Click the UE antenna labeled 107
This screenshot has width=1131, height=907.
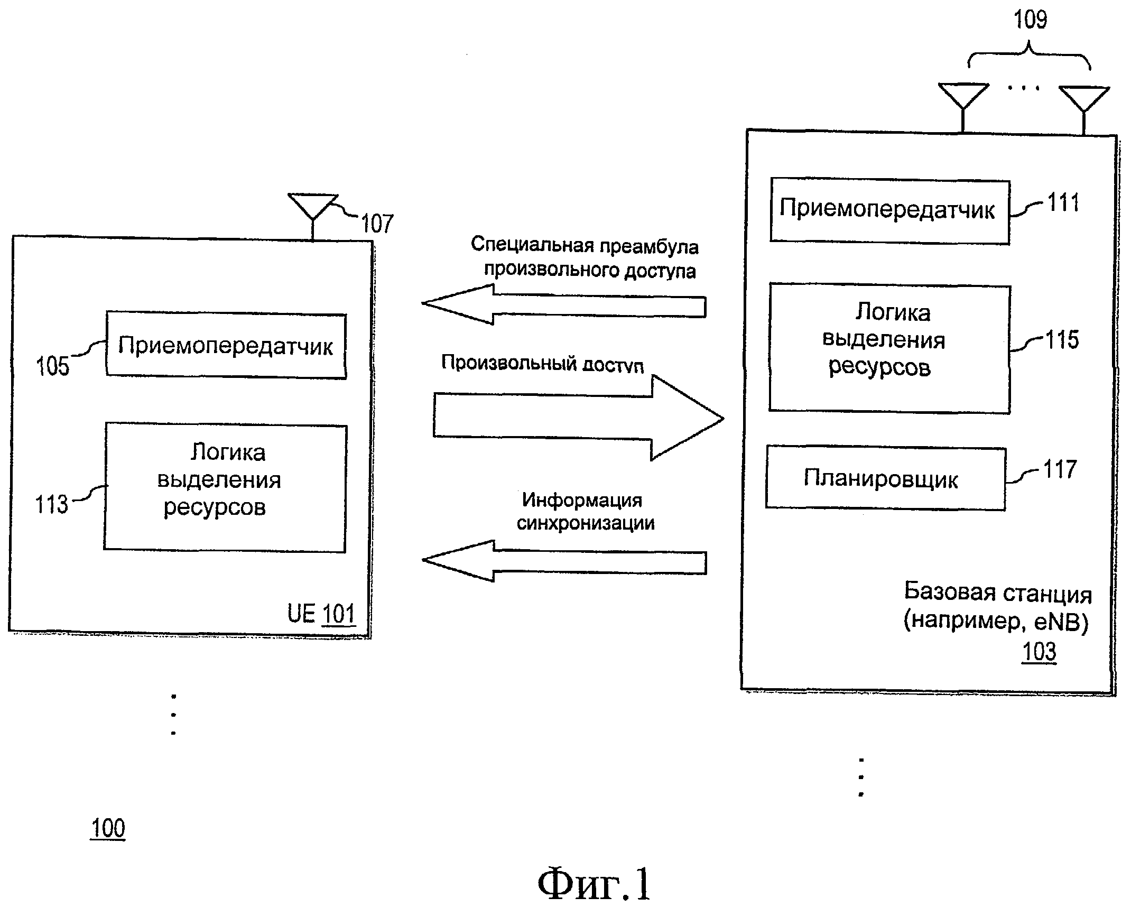click(x=313, y=209)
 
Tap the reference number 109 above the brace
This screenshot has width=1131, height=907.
click(x=1030, y=20)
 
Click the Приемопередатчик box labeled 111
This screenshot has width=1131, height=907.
click(x=889, y=211)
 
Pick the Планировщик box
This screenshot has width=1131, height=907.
click(x=885, y=479)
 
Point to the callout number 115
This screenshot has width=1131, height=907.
click(x=1062, y=340)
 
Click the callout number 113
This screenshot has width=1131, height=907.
click(x=52, y=504)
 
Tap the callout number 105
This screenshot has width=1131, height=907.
click(x=52, y=366)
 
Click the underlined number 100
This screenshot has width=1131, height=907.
click(x=108, y=828)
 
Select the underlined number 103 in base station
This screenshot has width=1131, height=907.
click(x=1039, y=651)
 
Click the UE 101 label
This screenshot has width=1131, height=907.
click(x=321, y=614)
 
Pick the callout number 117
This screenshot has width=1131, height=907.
click(x=1060, y=469)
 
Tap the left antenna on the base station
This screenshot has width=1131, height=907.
click(x=963, y=103)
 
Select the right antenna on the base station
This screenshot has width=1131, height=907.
click(x=1084, y=104)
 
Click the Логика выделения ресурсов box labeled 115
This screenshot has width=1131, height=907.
click(x=889, y=348)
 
